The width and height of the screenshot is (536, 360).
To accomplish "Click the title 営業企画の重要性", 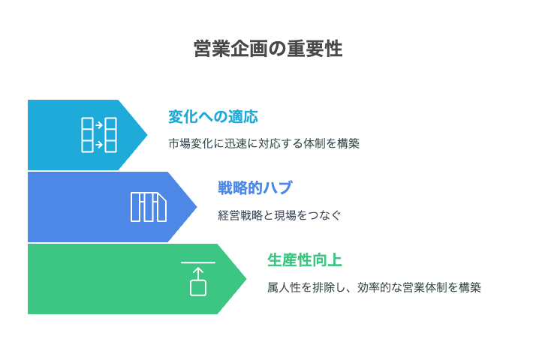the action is pyautogui.click(x=268, y=49).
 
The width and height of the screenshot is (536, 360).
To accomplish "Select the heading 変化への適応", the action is pyautogui.click(x=213, y=117).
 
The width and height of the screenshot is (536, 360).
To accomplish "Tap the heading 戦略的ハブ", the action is pyautogui.click(x=255, y=187).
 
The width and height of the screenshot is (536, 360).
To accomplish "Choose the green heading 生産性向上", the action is pyautogui.click(x=305, y=260).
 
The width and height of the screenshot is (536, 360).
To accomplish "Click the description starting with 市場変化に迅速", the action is pyautogui.click(x=263, y=143).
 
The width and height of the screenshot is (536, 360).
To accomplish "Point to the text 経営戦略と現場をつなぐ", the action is pyautogui.click(x=279, y=215).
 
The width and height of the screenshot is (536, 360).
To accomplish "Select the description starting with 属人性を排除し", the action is pyautogui.click(x=374, y=287).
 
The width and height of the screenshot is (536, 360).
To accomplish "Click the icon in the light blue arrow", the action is pyautogui.click(x=99, y=135).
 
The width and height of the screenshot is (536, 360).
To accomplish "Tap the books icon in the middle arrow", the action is pyautogui.click(x=149, y=207).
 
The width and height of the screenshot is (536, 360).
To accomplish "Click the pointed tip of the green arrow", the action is pyautogui.click(x=246, y=279).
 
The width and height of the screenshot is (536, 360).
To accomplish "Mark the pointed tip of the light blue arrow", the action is pyautogui.click(x=147, y=135).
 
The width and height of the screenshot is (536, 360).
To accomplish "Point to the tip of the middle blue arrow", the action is pyautogui.click(x=197, y=207).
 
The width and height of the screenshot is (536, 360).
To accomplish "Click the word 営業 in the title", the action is pyautogui.click(x=212, y=49).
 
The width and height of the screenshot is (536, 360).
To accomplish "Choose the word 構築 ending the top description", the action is pyautogui.click(x=348, y=143).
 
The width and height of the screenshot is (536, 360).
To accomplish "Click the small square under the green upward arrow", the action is pyautogui.click(x=198, y=288).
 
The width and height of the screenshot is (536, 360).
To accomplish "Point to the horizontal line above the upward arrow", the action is pyautogui.click(x=198, y=262).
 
